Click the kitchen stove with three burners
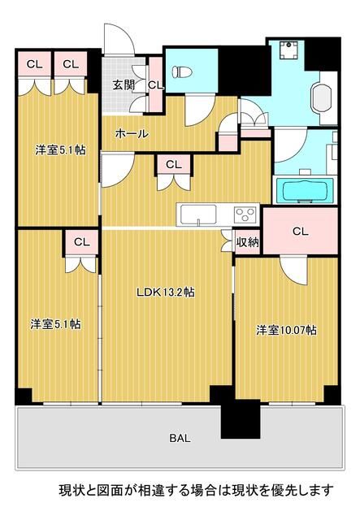coord(245,214)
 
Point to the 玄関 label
coord(124,84)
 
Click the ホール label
coord(130,133)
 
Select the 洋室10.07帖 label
coord(286,330)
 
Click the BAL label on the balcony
coord(180,439)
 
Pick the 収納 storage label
coord(247,241)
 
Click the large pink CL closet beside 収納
coord(300,232)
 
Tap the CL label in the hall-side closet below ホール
coord(173,163)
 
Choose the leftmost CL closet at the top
coord(34,63)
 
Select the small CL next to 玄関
coord(155,84)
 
